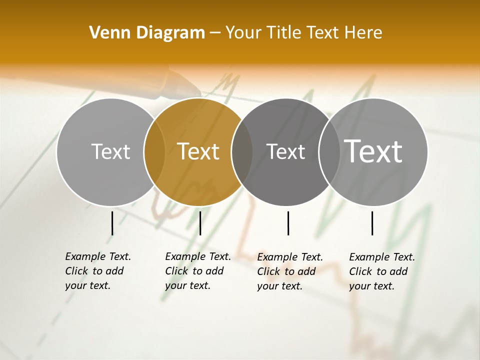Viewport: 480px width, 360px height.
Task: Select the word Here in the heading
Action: [364, 32]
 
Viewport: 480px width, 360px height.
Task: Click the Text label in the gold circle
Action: [198, 151]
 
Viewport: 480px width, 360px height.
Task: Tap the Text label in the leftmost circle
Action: [110, 151]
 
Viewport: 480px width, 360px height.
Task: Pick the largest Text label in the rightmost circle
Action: [373, 151]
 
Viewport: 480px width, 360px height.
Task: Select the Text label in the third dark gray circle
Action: [285, 151]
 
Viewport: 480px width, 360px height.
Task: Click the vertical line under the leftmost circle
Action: [112, 223]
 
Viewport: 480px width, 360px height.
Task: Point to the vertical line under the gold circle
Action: [200, 223]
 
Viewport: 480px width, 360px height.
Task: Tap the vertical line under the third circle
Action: [288, 223]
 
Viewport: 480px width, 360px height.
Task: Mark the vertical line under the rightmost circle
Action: [372, 223]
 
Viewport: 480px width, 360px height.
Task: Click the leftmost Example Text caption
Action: [98, 271]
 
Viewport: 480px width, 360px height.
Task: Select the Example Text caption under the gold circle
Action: [198, 271]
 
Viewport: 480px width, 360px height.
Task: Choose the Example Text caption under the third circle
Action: [290, 271]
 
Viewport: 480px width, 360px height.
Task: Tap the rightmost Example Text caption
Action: [382, 271]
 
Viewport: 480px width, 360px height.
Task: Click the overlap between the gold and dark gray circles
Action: [242, 151]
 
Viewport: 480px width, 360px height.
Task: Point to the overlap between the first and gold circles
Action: [154, 151]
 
